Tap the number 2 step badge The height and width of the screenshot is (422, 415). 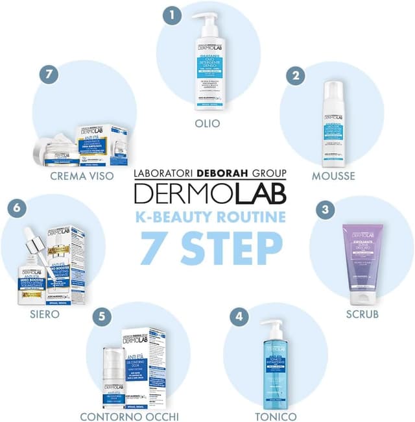coord(296,75)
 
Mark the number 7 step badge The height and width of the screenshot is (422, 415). coord(48,75)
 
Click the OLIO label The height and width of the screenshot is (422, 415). coord(207,123)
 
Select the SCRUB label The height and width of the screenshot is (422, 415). coord(362,315)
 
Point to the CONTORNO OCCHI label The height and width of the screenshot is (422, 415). coord(129,416)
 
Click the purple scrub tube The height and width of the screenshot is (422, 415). coord(362,266)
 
